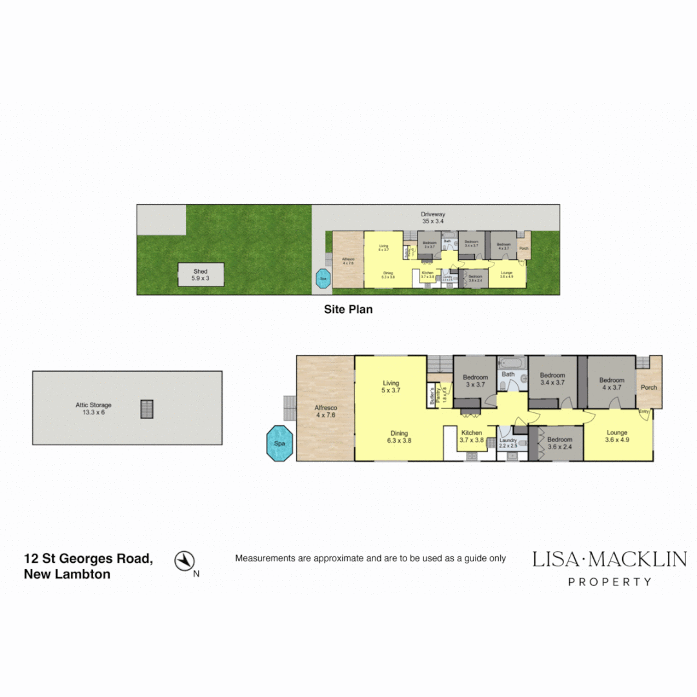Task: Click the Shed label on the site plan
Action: [x=201, y=275]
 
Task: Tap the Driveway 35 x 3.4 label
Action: [x=433, y=217]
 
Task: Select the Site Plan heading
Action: [x=348, y=309]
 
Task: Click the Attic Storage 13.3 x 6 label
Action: [x=94, y=409]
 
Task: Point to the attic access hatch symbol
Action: [x=147, y=409]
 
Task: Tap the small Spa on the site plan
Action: [x=323, y=279]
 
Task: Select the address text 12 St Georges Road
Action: [x=88, y=558]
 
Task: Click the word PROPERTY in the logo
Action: [x=609, y=581]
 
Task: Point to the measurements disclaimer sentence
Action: [x=370, y=558]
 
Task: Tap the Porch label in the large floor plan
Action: [x=648, y=388]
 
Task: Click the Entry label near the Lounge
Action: [x=643, y=412]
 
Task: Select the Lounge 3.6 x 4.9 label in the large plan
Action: [x=617, y=436]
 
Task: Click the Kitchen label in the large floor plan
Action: [x=471, y=436]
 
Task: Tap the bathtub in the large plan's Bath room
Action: [x=512, y=363]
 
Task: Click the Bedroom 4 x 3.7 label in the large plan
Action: [x=611, y=384]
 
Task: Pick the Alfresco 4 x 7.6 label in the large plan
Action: [x=326, y=411]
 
